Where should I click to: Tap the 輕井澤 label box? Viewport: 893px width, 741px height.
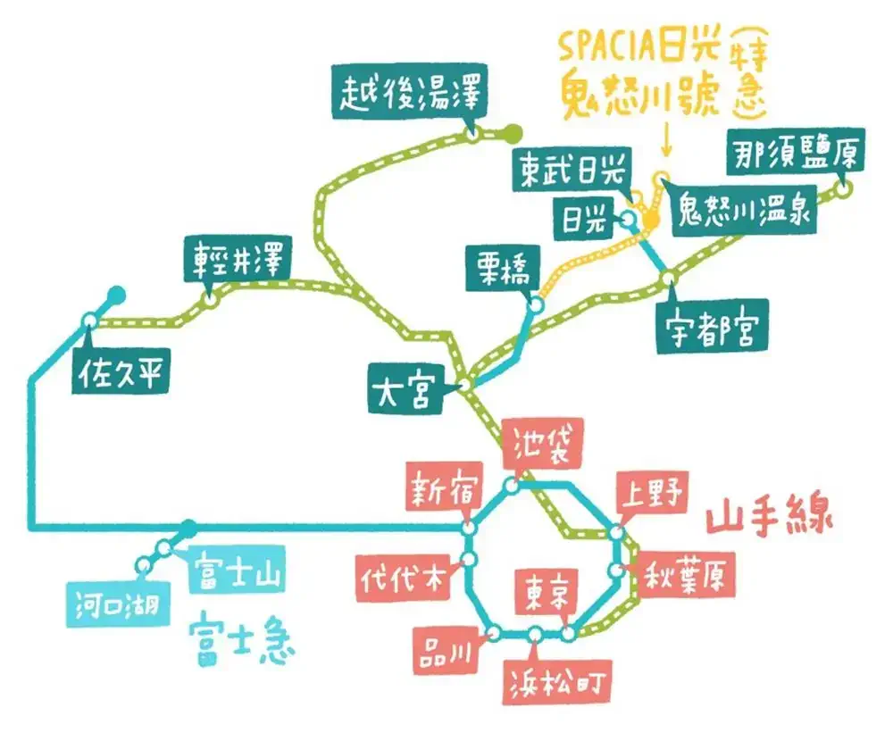coord(238,260)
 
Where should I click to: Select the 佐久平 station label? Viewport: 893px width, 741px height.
coord(121,371)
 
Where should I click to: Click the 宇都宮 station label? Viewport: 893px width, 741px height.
coord(713,328)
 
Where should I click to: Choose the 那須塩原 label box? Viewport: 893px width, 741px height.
coord(797,152)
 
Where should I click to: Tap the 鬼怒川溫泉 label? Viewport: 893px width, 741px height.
coord(745,210)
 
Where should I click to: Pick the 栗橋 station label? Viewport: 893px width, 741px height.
coord(503,268)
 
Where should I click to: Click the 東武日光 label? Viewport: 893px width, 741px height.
coord(572,170)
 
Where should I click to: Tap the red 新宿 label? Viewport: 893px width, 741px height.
coord(444,487)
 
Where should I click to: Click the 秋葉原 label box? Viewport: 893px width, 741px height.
coord(684,576)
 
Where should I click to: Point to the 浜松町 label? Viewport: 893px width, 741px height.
coord(557,682)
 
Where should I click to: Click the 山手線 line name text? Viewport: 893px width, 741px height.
coord(769,515)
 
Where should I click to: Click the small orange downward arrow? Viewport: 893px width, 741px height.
coord(666,142)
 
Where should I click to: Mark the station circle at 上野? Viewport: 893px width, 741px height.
coord(617,533)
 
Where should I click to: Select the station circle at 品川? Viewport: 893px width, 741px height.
coord(495,633)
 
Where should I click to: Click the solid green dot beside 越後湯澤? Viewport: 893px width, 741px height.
coord(513,133)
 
